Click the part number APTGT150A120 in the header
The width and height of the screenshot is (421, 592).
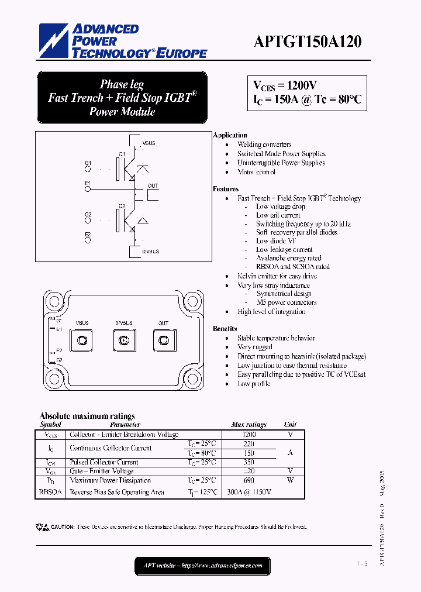pos(308,42)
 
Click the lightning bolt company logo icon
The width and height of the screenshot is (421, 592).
pos(54,42)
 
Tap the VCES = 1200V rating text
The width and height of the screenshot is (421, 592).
pos(285,85)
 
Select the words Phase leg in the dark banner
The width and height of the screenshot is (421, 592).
pos(122,84)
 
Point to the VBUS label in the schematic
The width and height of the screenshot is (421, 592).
pos(149,143)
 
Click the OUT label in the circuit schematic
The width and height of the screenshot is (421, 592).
pos(153,186)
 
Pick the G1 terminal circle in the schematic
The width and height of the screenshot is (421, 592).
pos(88,170)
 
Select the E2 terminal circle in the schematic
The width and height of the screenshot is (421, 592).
pos(88,242)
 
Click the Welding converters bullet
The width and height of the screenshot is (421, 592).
pos(264,144)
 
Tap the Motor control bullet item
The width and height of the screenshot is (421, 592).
pos(256,172)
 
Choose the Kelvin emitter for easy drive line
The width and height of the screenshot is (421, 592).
pos(277,276)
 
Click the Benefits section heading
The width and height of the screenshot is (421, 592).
pos(225,329)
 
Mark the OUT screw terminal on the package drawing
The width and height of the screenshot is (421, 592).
pos(163,340)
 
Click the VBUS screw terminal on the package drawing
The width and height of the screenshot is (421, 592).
pos(81,340)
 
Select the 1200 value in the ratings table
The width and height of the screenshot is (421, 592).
pos(249,435)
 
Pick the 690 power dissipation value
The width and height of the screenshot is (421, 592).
pos(249,480)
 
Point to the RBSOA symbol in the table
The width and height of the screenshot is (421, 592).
pos(50,493)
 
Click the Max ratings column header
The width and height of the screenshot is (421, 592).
pos(249,425)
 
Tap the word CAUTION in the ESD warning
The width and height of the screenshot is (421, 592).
pos(62,527)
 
